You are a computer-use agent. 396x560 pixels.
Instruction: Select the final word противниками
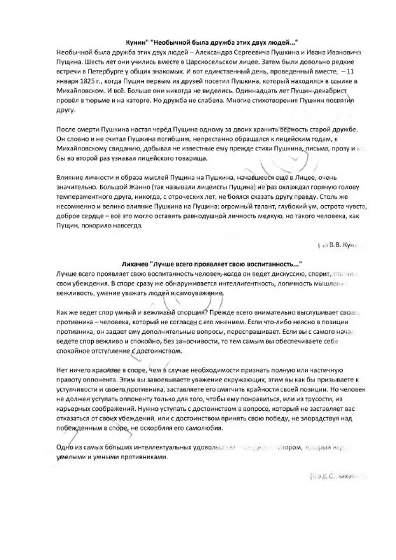pyautogui.click(x=141, y=456)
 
